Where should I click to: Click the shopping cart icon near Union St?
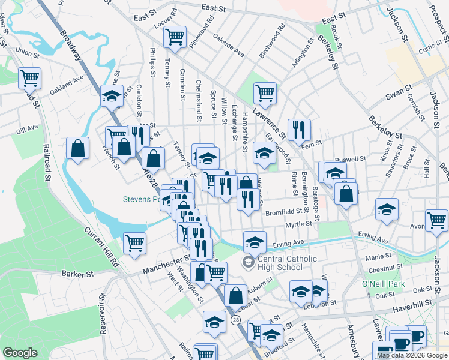tap(30, 78)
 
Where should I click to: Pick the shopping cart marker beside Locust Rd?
tap(175, 36)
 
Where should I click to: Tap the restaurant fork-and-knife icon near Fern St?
tap(298, 129)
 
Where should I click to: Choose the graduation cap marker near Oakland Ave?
tap(112, 95)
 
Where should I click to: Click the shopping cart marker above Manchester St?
tap(135, 243)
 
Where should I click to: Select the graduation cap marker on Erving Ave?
tap(255, 242)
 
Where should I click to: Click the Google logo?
tap(20, 353)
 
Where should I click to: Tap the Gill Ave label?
tap(27, 128)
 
